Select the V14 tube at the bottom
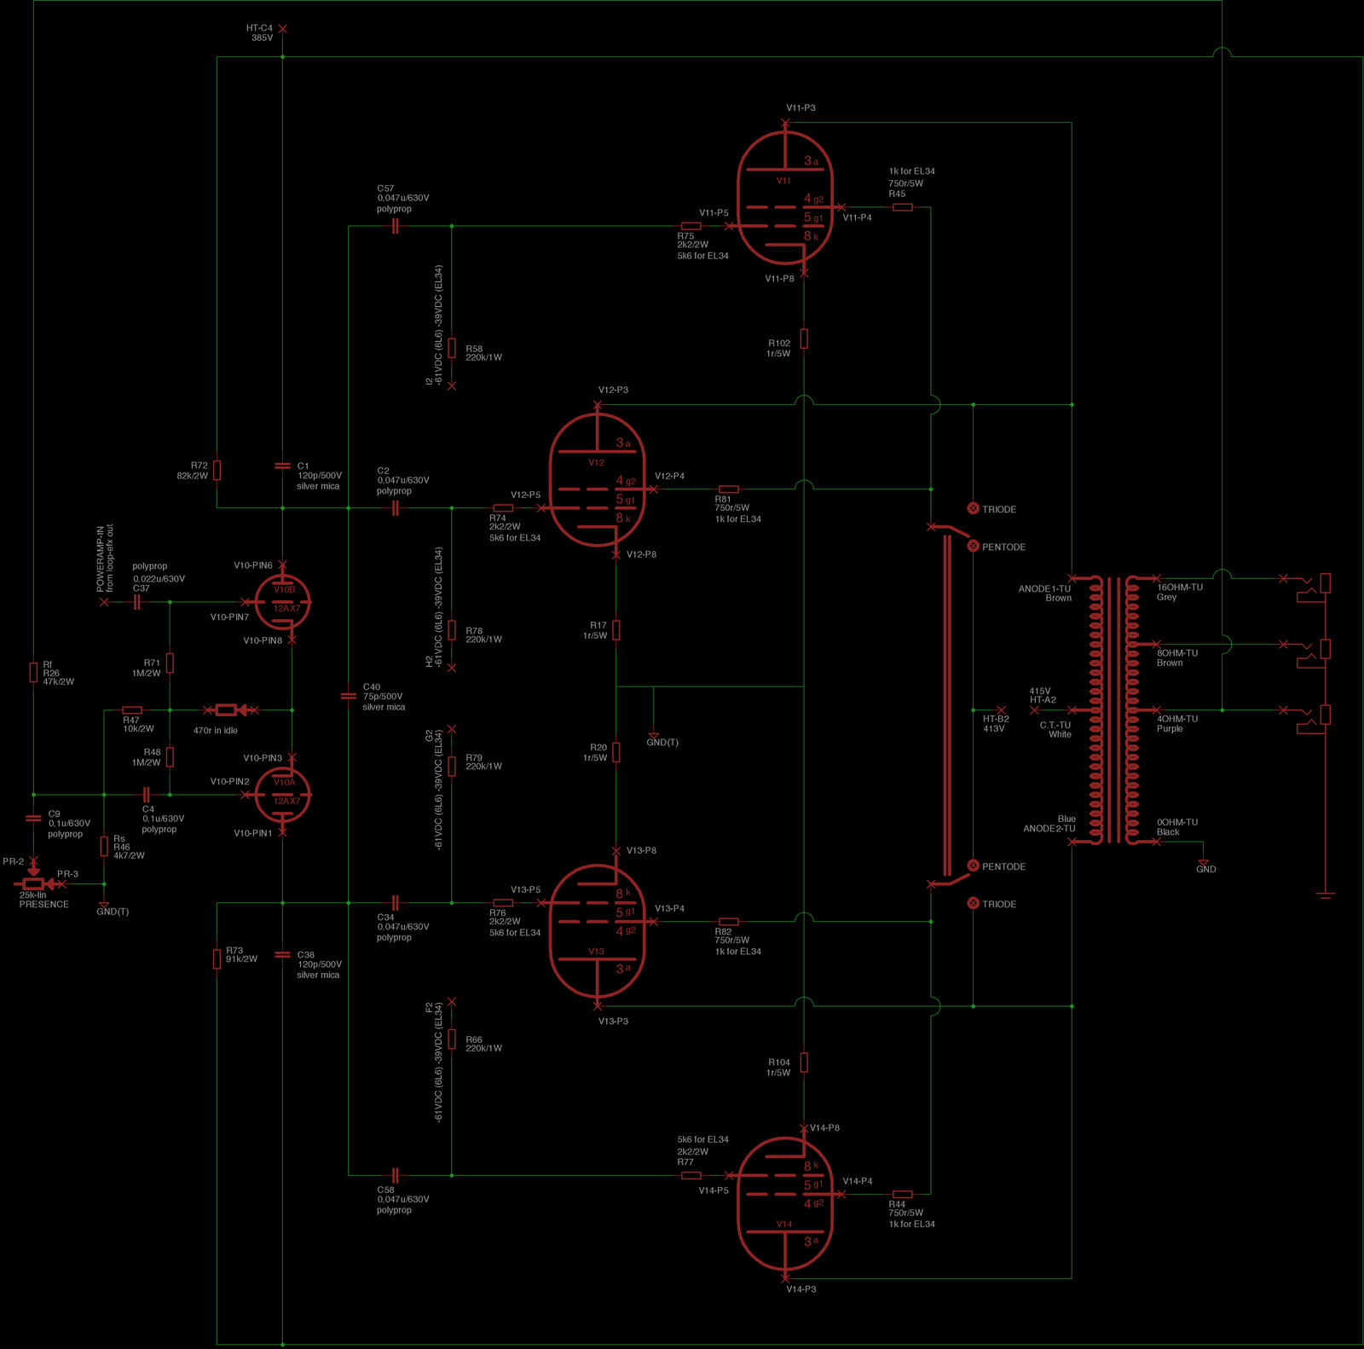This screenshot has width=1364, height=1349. [784, 1203]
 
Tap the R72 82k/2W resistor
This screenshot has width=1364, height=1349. [217, 470]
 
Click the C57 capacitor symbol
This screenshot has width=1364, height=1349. [395, 226]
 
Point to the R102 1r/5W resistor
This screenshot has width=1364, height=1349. [804, 339]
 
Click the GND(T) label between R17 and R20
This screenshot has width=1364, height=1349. [662, 742]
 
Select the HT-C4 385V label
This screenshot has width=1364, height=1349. [260, 33]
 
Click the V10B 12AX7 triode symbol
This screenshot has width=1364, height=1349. [283, 601]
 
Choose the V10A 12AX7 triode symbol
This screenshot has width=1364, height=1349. [283, 795]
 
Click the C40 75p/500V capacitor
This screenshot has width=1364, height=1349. [348, 696]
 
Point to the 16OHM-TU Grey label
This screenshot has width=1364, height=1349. [1179, 592]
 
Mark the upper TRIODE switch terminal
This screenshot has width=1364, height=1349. [973, 508]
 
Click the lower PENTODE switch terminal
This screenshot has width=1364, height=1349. [973, 866]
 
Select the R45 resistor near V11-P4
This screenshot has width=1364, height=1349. [902, 207]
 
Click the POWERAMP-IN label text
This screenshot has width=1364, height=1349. [101, 559]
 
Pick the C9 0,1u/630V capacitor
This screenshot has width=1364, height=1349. [33, 818]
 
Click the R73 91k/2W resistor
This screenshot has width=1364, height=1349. [217, 958]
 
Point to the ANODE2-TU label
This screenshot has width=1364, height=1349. [1049, 828]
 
